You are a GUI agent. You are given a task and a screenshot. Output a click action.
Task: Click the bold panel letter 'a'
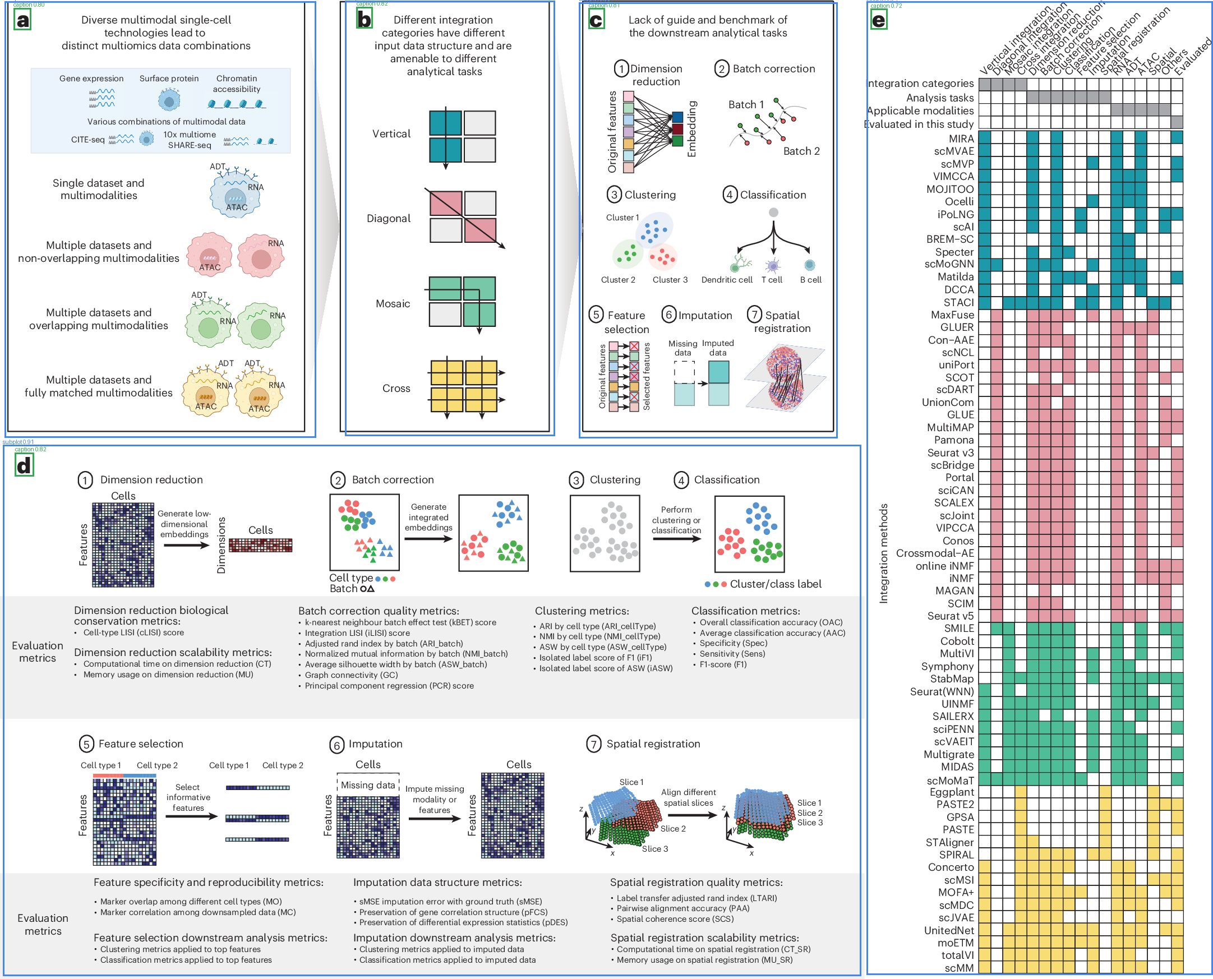click(22, 21)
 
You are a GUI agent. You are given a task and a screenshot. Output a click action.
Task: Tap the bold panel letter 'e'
click(878, 21)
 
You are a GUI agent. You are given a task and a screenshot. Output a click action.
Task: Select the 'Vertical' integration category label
click(391, 133)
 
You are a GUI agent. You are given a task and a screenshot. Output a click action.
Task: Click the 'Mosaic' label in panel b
click(393, 303)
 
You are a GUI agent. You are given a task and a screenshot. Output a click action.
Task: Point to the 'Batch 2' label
click(801, 151)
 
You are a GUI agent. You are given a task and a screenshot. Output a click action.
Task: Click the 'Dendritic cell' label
click(726, 280)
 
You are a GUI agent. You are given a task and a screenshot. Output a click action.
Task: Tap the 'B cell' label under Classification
click(810, 280)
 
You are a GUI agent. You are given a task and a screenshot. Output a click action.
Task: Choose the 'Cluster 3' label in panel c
click(670, 280)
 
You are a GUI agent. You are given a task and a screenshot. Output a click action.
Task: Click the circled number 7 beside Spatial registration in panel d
click(593, 745)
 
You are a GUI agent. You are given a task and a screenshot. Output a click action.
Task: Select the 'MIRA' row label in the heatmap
click(961, 138)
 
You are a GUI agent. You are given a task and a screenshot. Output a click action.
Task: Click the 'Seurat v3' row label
click(950, 453)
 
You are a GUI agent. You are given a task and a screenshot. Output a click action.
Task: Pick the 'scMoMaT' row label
click(950, 781)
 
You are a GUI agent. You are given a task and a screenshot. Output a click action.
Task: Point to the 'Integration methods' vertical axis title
click(884, 553)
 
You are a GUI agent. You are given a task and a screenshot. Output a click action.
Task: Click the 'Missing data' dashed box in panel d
click(368, 785)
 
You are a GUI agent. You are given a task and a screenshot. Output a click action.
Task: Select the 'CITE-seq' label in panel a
click(87, 139)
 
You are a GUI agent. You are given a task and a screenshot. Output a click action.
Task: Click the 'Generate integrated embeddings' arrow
click(428, 539)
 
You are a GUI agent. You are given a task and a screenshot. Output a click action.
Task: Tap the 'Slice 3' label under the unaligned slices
click(654, 849)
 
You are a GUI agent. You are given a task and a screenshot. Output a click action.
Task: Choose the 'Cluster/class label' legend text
click(776, 584)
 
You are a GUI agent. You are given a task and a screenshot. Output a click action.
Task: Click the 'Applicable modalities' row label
click(920, 111)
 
